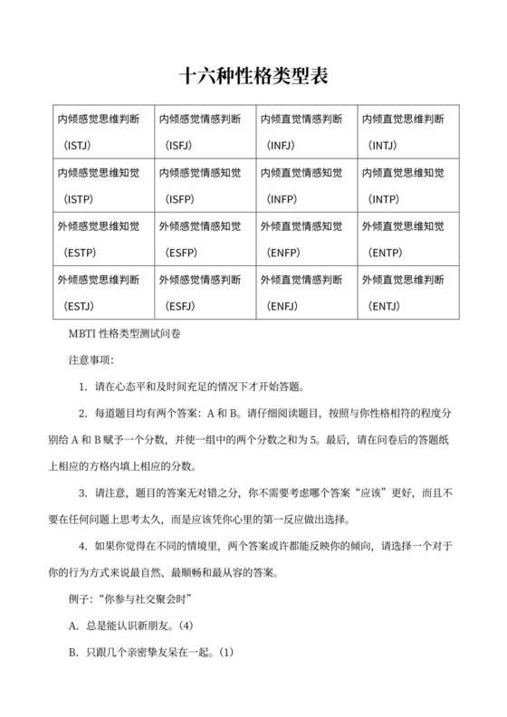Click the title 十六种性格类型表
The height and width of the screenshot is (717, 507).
pos(253,76)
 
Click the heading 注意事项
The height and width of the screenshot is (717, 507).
pos(91,360)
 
